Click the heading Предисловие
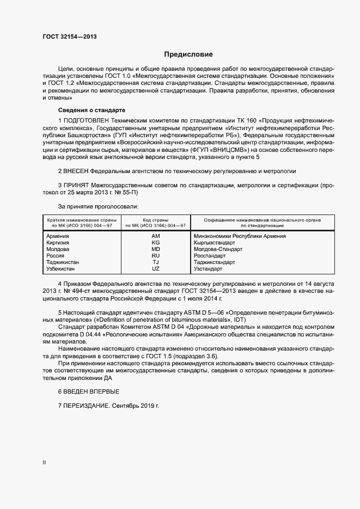188,54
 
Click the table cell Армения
58,236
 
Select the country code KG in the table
155,242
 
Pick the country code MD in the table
155,249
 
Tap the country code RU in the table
155,255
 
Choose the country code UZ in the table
155,268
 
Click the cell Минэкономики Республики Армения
240,236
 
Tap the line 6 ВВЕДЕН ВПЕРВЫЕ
88,391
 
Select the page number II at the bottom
44,463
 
